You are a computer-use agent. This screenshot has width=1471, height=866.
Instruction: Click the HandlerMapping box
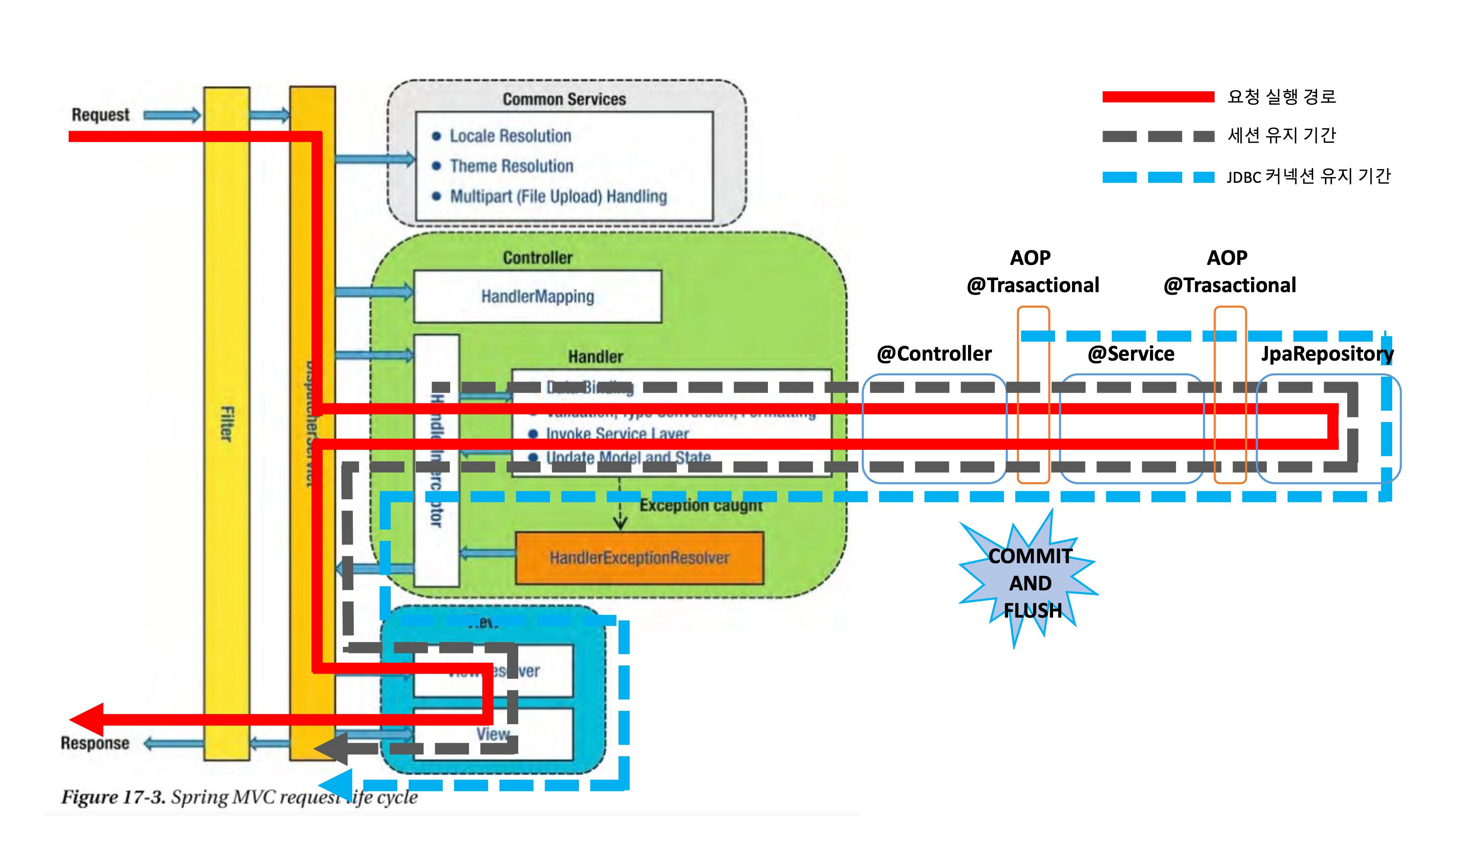point(537,297)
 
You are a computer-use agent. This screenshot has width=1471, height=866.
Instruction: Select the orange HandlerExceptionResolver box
point(639,558)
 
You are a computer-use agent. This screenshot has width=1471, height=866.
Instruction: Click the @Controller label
point(934,354)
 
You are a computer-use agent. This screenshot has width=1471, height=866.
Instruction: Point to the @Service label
point(1131,354)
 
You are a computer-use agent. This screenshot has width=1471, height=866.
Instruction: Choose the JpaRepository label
point(1327,354)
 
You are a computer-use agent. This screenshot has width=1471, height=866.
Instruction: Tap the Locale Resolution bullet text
point(510,136)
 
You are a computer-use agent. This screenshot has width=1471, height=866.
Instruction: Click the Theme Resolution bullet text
point(511,166)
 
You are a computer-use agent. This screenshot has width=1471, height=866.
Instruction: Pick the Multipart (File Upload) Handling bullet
point(558,197)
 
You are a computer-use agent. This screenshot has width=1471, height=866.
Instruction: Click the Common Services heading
point(564,99)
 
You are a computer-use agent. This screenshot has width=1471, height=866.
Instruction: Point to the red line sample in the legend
point(1158,97)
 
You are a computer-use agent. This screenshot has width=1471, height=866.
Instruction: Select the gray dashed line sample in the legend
point(1158,137)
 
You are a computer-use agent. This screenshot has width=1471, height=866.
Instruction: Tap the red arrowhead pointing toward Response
point(87,720)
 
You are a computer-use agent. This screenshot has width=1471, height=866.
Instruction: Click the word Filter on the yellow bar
point(227,424)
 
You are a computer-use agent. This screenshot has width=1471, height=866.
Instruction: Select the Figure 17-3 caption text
point(239,797)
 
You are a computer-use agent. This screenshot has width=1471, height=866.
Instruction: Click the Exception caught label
point(701,505)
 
